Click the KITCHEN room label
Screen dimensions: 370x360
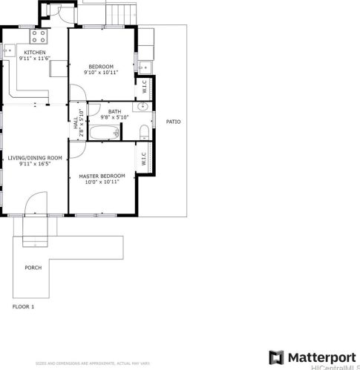tap(34, 52)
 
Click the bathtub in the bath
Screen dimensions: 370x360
tap(104, 133)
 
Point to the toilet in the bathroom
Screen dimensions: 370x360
tap(144, 131)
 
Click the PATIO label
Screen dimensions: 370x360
tap(173, 122)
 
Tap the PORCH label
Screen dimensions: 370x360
tap(33, 268)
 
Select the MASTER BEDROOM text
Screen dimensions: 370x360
tap(102, 175)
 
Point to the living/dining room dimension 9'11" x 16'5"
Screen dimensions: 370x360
tap(34, 165)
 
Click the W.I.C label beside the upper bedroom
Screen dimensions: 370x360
tap(145, 87)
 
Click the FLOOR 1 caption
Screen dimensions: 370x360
tap(23, 306)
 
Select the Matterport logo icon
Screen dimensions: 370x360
tap(276, 357)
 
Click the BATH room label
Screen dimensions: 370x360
tap(114, 112)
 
